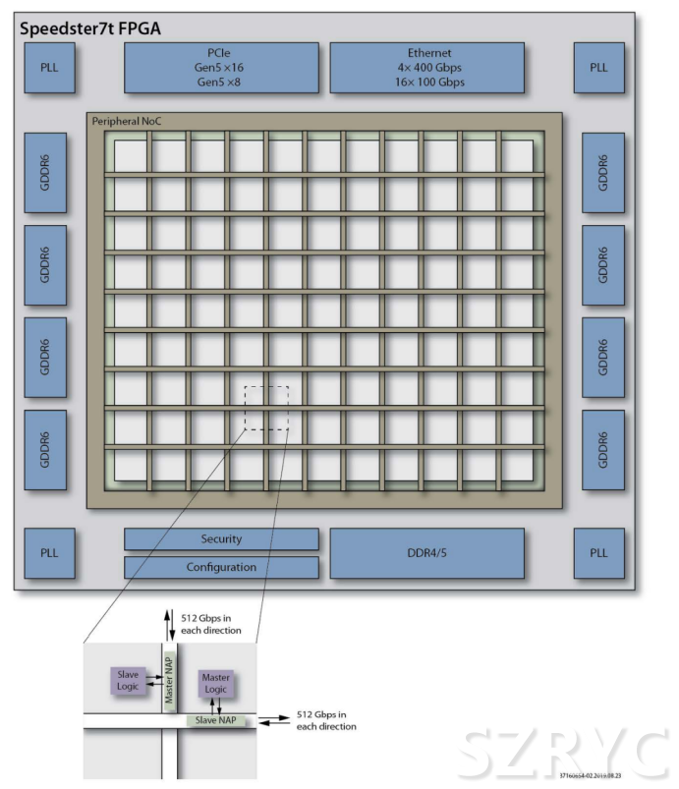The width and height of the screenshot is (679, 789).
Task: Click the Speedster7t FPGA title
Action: tap(90, 28)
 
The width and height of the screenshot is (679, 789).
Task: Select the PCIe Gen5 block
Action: tap(221, 68)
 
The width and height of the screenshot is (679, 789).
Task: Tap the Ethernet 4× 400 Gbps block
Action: tap(426, 68)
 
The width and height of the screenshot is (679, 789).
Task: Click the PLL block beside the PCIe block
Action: tap(49, 68)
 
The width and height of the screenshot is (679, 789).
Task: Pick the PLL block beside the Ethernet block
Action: tap(598, 68)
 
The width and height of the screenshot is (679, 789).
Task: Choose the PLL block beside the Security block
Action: tap(49, 553)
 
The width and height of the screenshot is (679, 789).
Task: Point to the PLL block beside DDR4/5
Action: tap(598, 553)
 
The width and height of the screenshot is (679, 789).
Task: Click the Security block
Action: tap(221, 539)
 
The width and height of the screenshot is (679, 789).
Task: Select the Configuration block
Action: tap(221, 567)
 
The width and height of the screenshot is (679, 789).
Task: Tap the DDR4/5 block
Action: tap(426, 553)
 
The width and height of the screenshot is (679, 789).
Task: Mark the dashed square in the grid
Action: tap(266, 408)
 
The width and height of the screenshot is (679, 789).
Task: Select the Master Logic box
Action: tap(214, 683)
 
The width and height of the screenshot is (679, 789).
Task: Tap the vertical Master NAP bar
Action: tap(167, 677)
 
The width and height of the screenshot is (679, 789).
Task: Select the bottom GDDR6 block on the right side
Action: tap(602, 450)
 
